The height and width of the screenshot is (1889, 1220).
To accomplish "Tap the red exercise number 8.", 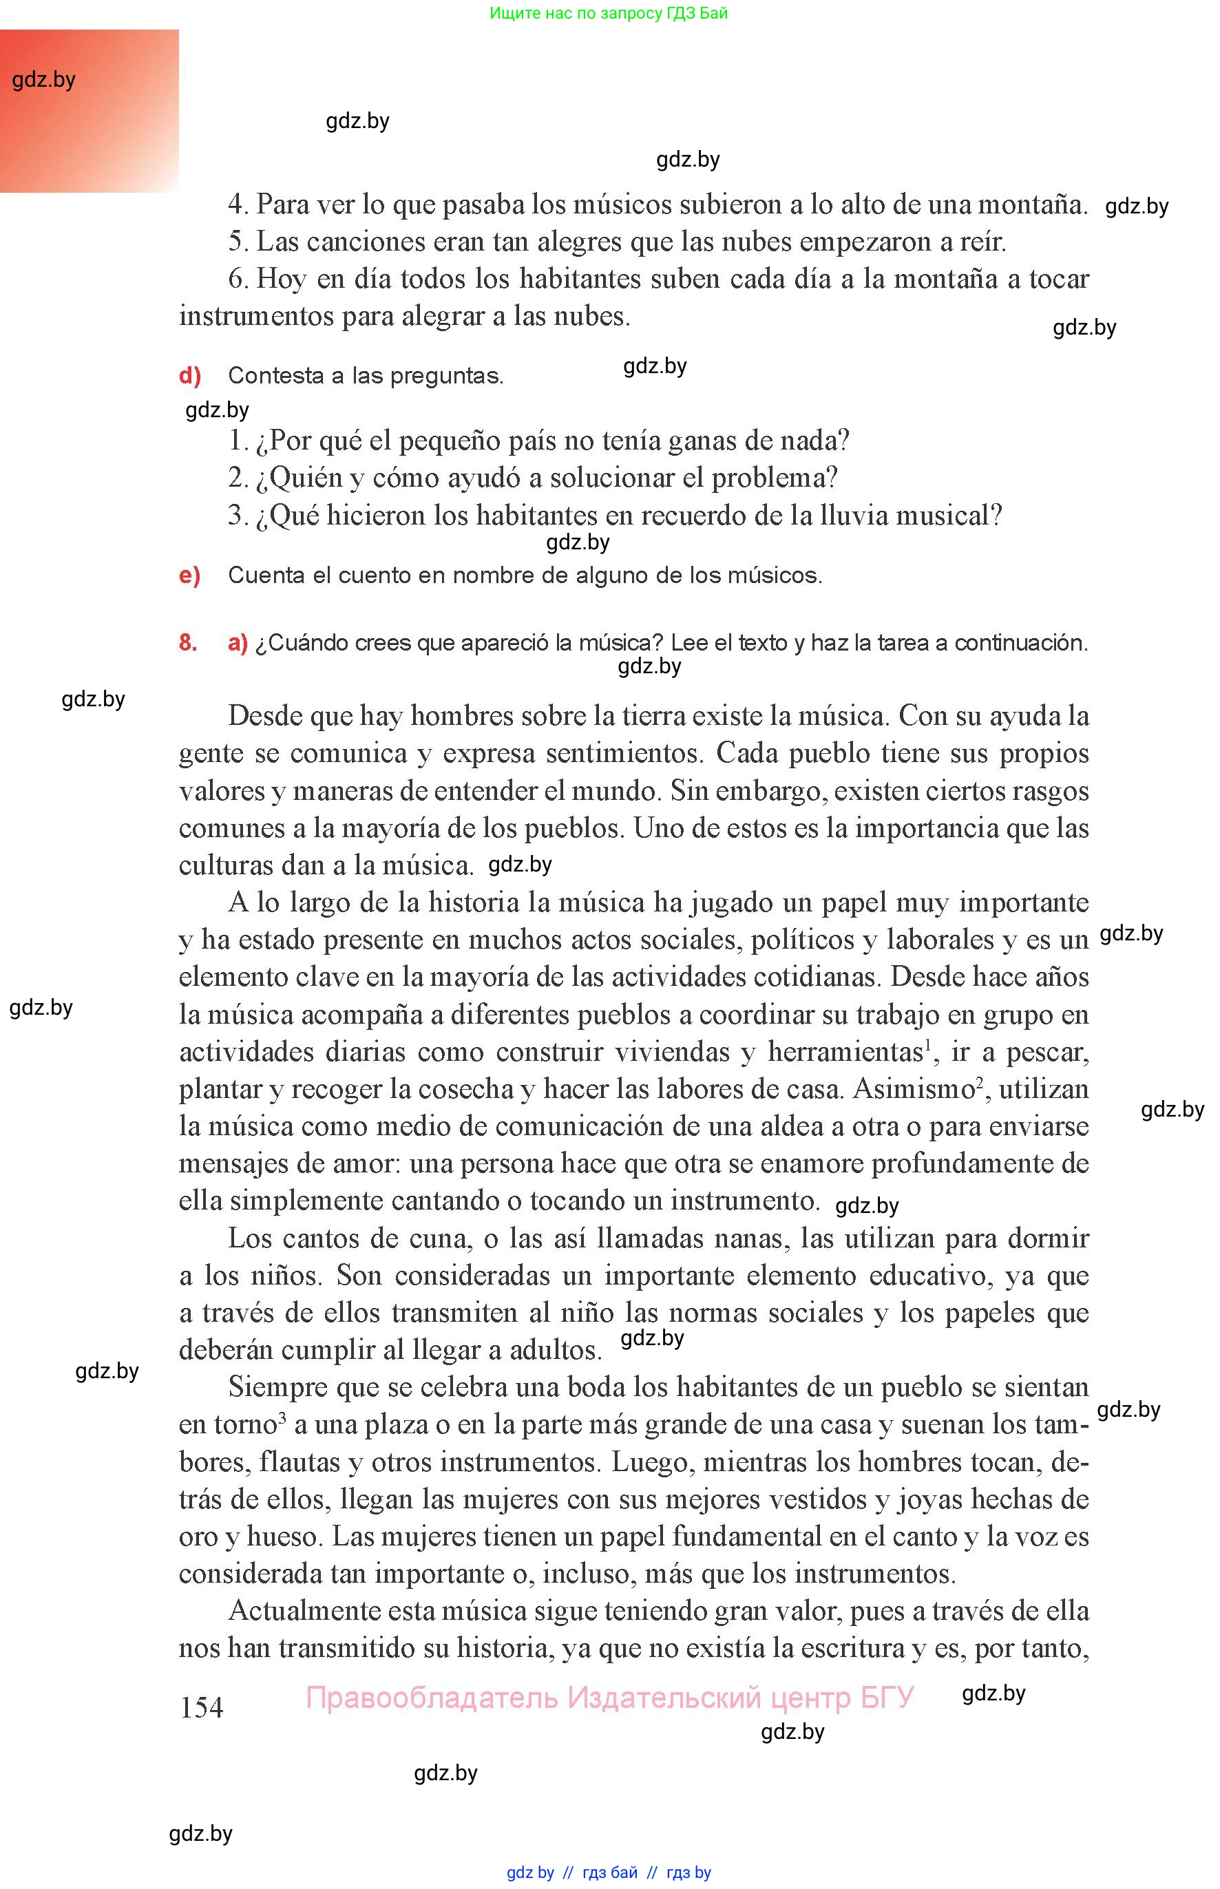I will click(188, 642).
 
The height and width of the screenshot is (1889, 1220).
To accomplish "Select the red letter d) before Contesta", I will click(190, 375).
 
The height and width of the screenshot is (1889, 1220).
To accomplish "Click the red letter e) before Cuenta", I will click(189, 575).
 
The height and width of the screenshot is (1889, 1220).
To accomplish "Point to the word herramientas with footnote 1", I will click(845, 1052).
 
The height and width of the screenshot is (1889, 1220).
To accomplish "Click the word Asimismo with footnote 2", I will click(914, 1089).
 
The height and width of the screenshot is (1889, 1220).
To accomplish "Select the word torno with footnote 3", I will click(245, 1425).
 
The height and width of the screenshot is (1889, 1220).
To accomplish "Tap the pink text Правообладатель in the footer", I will click(432, 1698).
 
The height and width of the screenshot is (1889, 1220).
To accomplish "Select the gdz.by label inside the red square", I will click(43, 79).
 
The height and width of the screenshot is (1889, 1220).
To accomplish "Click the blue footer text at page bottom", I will click(609, 1872).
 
